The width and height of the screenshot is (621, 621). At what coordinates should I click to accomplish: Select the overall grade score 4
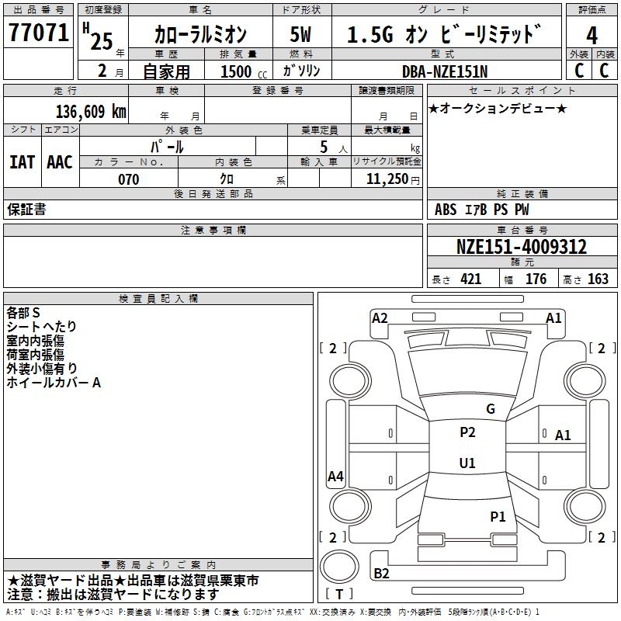[592, 36]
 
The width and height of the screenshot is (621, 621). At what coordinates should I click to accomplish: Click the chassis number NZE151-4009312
[521, 248]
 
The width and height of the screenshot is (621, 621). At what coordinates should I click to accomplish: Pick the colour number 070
[128, 180]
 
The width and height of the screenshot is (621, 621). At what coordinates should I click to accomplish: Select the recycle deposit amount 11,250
[387, 180]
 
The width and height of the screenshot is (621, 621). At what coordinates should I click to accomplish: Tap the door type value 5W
[301, 35]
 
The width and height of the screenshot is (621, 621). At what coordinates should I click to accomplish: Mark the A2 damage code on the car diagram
[380, 317]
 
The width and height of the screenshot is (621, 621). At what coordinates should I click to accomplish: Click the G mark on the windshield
[490, 409]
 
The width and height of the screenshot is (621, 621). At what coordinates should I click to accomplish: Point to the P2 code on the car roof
[467, 433]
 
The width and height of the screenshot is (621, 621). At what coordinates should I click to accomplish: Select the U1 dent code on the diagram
[467, 463]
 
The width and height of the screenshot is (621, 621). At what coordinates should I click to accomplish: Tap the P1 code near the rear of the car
[498, 516]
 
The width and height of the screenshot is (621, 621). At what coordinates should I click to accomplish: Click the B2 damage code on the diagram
[382, 574]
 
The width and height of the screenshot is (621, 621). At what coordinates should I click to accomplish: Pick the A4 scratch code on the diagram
[335, 477]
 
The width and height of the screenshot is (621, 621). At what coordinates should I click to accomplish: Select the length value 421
[470, 279]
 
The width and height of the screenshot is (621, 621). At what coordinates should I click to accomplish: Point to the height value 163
[598, 279]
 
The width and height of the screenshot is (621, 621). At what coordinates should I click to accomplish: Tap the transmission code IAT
[22, 162]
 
